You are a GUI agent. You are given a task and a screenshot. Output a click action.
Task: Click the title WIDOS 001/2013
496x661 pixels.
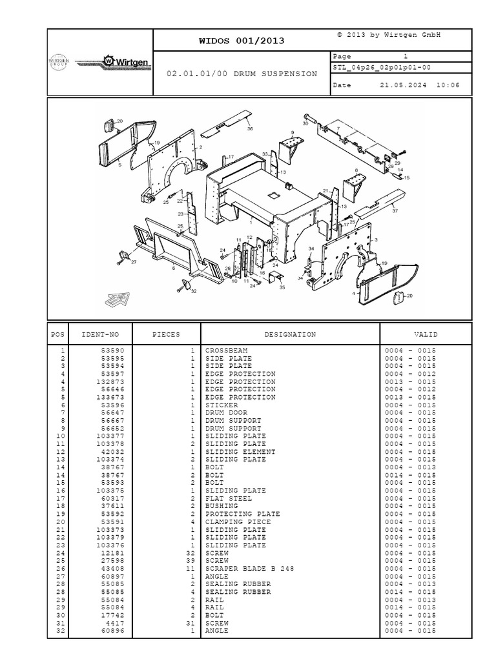point(242,41)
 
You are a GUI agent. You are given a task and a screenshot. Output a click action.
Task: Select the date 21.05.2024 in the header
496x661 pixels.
point(403,85)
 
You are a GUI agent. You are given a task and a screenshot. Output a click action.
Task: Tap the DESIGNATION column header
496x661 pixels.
point(290,335)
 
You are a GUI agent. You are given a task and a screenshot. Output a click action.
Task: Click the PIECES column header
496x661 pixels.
point(166,335)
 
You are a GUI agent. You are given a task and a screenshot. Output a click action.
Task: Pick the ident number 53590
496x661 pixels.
point(112,351)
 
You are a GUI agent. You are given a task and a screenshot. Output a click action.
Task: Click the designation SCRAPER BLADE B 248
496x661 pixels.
point(250,569)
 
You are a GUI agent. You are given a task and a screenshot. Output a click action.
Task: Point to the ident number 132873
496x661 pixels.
point(110,382)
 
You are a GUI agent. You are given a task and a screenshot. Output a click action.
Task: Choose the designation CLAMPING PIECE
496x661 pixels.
point(238,522)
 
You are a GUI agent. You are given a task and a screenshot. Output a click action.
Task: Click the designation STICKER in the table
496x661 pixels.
point(222,405)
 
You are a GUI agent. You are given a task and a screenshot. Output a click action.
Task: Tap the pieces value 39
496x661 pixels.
point(191,561)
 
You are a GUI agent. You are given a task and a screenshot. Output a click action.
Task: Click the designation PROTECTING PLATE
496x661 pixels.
point(243,514)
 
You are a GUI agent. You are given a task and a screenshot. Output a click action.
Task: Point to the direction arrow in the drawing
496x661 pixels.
point(118,300)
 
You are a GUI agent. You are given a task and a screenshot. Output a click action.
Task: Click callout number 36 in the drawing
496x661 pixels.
point(250,128)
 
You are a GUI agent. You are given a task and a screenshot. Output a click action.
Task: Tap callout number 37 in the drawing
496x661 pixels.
point(395,211)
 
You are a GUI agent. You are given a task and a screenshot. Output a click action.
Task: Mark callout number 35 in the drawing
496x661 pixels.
point(282,287)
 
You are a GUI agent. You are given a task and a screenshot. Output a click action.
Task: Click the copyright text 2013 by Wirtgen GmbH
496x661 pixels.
point(389,35)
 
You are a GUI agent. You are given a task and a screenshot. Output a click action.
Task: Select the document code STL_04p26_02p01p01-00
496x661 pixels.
point(382,67)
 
